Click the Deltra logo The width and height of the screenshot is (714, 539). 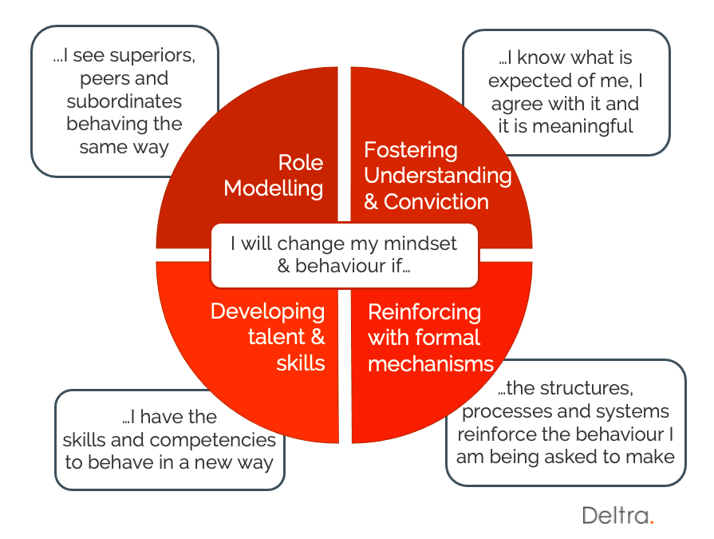click(x=618, y=515)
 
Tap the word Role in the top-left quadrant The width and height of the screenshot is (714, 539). click(x=301, y=163)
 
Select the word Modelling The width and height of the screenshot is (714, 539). click(x=273, y=188)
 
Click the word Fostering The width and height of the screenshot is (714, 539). click(x=411, y=150)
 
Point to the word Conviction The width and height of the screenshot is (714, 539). click(x=436, y=202)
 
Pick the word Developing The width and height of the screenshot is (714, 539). click(x=268, y=312)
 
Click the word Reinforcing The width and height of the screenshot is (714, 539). click(x=424, y=313)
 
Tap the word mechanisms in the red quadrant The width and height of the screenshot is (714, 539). click(x=431, y=364)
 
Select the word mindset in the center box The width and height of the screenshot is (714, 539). click(x=420, y=244)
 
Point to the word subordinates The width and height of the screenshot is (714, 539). click(x=124, y=101)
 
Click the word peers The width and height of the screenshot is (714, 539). click(x=104, y=79)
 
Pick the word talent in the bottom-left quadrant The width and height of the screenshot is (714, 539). click(x=276, y=337)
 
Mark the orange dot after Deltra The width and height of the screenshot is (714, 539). click(x=652, y=522)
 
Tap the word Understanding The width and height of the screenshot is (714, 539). click(x=438, y=176)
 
